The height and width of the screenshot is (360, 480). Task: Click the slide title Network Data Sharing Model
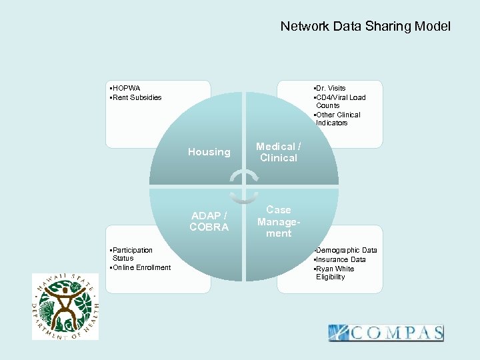365,27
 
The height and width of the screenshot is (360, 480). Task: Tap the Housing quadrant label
209,152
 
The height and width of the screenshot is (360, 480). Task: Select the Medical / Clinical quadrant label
279,152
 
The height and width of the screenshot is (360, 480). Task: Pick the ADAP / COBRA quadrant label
209,221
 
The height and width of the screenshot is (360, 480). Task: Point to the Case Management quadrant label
279,221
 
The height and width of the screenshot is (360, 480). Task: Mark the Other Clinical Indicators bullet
337,119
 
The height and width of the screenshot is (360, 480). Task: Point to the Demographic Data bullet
345,250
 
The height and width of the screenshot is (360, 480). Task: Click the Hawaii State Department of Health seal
65,307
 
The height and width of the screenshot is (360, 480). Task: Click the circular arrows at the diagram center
244,186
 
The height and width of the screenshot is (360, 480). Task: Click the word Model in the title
433,27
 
